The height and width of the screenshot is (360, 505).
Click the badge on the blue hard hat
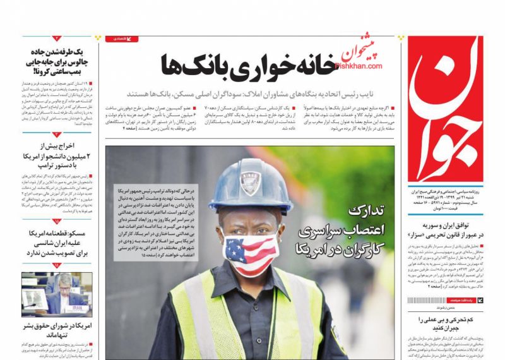250,184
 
